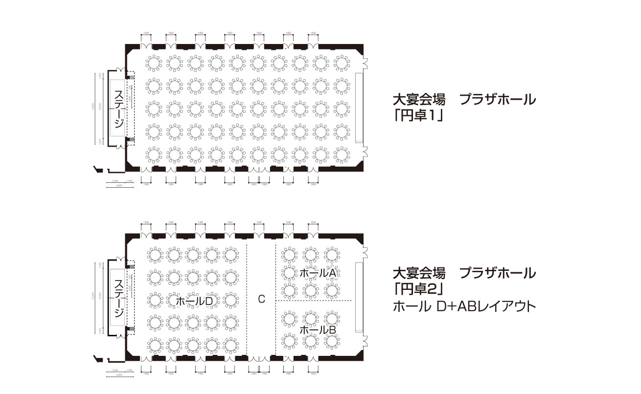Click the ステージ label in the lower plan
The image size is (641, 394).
coord(117,298)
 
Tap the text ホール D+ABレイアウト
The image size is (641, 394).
coord(464,307)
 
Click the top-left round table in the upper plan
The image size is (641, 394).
coord(154,63)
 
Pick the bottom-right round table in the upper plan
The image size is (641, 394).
coord(342,155)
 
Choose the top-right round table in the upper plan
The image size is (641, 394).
coord(342,63)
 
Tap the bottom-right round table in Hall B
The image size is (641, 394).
coord(332,341)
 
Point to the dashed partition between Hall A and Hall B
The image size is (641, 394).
coord(314,300)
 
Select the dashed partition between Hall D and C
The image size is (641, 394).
coord(247,298)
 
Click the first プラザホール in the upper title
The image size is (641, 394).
coord(498,100)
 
